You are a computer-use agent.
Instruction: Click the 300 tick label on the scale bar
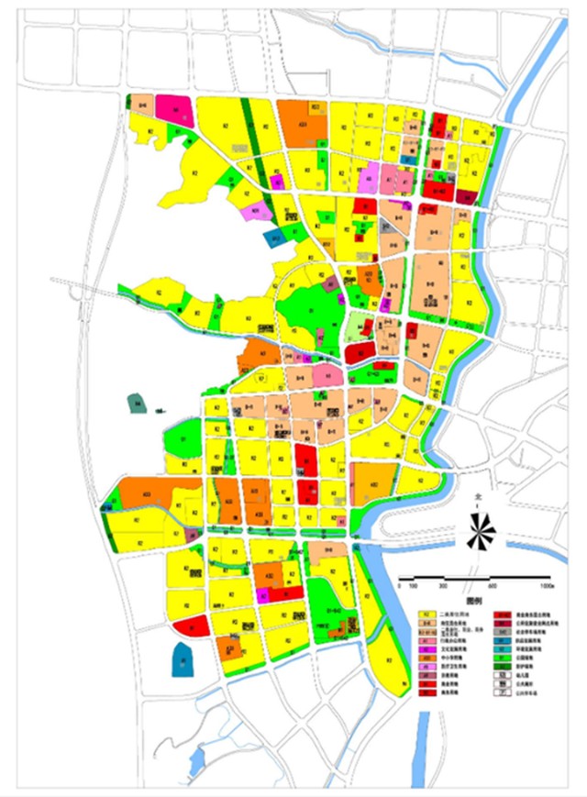pyautogui.click(x=444, y=585)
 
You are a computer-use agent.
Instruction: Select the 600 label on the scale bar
pyautogui.click(x=493, y=585)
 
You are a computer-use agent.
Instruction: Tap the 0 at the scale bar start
pyautogui.click(x=399, y=585)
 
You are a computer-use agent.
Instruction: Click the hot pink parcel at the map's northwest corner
pyautogui.click(x=174, y=109)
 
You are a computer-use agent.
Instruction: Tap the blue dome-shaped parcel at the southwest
pyautogui.click(x=183, y=658)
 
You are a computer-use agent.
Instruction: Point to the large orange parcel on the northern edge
pyautogui.click(x=302, y=123)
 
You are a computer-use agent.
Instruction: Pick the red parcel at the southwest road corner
pyautogui.click(x=190, y=626)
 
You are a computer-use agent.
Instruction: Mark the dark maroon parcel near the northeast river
pyautogui.click(x=467, y=195)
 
